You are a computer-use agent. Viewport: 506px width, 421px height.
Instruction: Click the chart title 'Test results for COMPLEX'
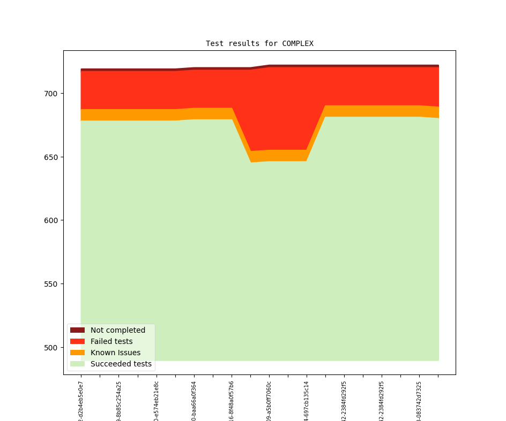[x=259, y=43]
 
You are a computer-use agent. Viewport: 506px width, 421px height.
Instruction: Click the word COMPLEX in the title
[x=297, y=43]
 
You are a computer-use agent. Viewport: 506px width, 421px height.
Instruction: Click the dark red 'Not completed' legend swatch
[x=77, y=330]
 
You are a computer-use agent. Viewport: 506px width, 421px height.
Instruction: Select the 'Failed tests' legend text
[x=111, y=341]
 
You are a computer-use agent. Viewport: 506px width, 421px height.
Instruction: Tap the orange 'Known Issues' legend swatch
[x=77, y=353]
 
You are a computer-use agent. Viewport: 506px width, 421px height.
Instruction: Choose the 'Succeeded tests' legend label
[x=121, y=364]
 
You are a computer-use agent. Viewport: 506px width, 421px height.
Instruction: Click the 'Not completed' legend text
[x=118, y=330]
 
